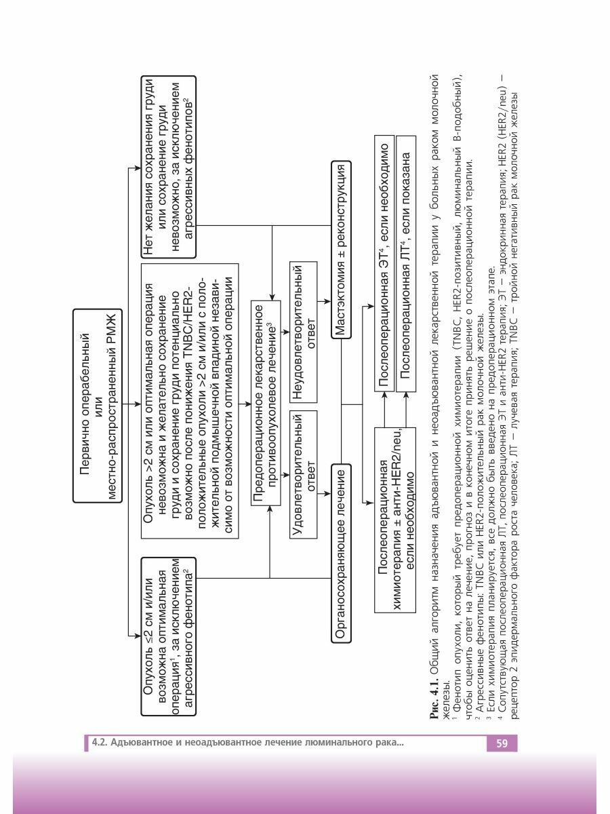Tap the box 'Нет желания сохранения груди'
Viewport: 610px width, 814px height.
click(x=168, y=166)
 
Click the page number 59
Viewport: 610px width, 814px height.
click(x=502, y=743)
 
